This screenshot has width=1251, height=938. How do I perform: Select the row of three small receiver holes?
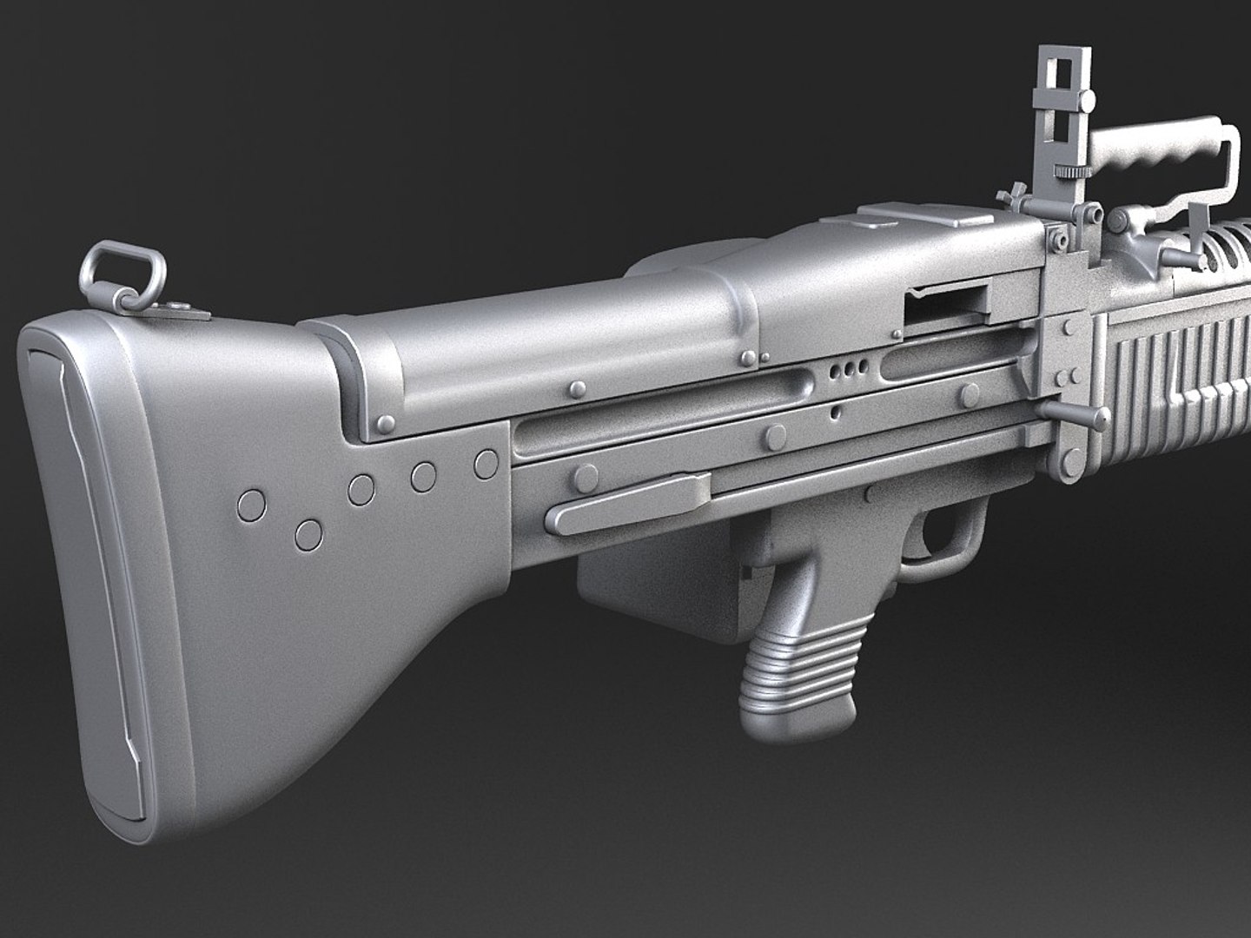(849, 371)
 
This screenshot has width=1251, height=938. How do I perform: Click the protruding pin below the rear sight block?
(1073, 412)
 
